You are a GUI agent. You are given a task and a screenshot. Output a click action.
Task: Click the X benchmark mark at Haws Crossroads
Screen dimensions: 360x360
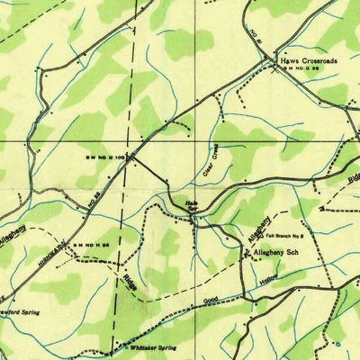point(273,69)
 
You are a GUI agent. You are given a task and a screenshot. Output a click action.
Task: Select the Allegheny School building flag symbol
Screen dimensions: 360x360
point(244,253)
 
